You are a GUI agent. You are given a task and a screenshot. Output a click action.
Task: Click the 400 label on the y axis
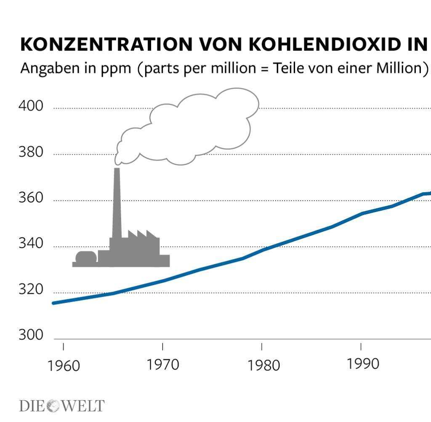click(31, 106)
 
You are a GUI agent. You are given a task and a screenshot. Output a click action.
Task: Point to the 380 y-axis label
click(31, 152)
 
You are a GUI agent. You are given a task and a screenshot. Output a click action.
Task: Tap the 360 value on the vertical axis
click(31, 198)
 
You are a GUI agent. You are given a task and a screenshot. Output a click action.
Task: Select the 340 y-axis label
click(31, 244)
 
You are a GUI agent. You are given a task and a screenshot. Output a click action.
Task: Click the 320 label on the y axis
click(31, 290)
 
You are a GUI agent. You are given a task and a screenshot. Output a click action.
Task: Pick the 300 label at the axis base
click(31, 336)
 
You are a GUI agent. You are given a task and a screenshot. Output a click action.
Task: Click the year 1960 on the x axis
click(64, 366)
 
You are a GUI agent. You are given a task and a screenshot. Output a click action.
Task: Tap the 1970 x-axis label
click(163, 365)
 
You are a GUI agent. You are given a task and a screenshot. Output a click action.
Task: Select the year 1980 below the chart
click(263, 365)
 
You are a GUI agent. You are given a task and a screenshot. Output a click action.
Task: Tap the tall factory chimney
click(117, 202)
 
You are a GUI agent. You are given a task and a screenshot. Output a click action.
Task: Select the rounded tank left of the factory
click(86, 258)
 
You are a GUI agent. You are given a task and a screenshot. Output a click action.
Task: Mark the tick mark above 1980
click(262, 347)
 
